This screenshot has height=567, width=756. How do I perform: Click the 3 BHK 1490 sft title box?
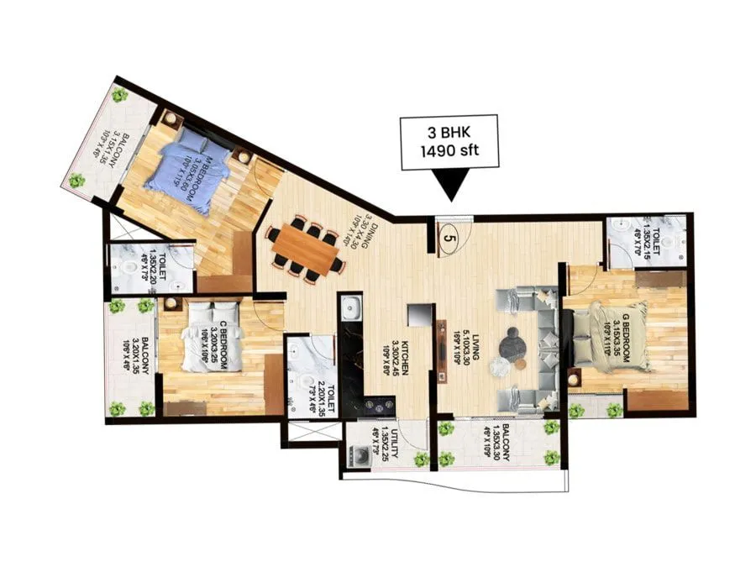pyautogui.click(x=449, y=143)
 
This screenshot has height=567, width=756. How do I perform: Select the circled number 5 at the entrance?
pyautogui.click(x=450, y=238)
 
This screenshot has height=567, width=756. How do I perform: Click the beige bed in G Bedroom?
pyautogui.click(x=621, y=335)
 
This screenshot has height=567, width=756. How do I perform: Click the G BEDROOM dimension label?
pyautogui.click(x=621, y=340)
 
